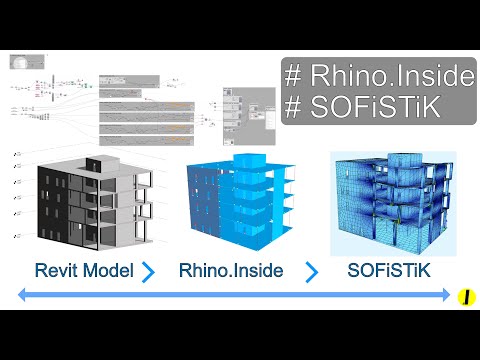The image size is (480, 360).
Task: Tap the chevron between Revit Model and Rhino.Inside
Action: point(149,271)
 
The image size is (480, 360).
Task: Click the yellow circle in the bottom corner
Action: point(464,297)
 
